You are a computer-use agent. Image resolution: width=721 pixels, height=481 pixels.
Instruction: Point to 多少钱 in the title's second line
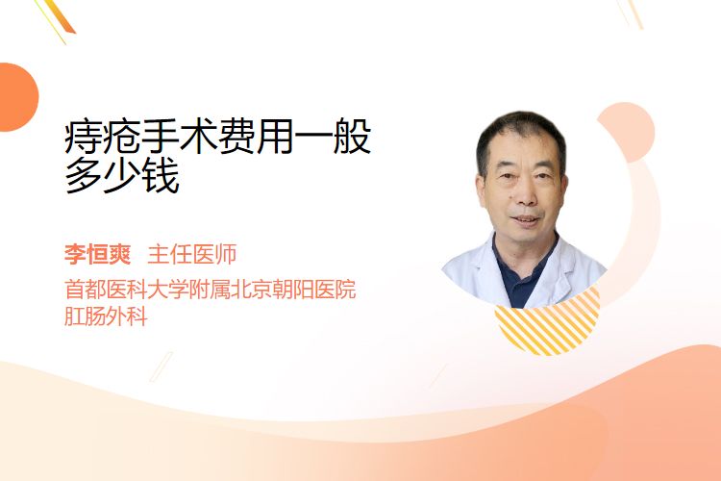pos(122,176)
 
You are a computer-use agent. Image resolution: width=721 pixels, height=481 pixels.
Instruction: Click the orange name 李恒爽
pos(97,255)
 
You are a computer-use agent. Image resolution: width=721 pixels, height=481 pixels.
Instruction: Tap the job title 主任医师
pos(192,255)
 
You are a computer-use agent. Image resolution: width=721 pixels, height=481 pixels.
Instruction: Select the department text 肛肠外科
pos(106,316)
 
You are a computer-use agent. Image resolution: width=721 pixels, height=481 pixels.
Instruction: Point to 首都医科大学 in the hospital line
pos(127,290)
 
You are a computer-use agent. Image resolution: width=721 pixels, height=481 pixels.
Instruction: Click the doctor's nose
pos(525,194)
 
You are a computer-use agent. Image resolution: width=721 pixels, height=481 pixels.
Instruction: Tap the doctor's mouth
pos(525,219)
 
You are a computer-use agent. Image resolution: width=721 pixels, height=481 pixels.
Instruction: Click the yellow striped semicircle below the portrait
pos(547,328)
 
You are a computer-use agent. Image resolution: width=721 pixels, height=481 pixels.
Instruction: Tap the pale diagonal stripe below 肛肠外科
pos(162,367)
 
